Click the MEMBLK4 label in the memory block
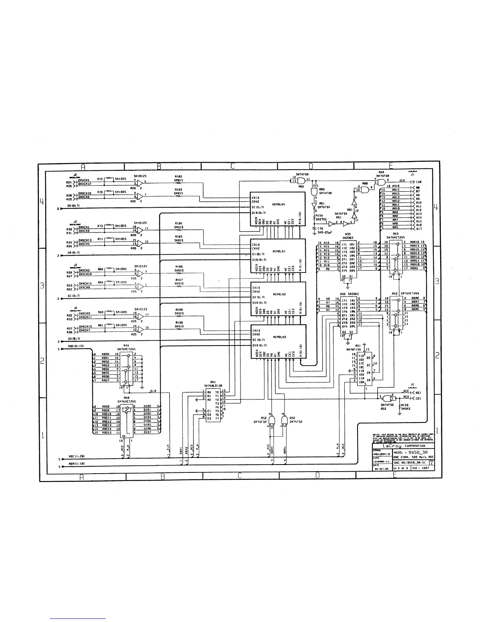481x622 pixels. pos(278,205)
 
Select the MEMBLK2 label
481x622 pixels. pos(278,294)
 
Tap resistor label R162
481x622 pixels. pos(178,177)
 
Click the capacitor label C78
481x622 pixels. pos(320,228)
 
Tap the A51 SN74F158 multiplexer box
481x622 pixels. pos(364,369)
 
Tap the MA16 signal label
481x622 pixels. pos(396,186)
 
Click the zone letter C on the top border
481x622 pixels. pos(233,166)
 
